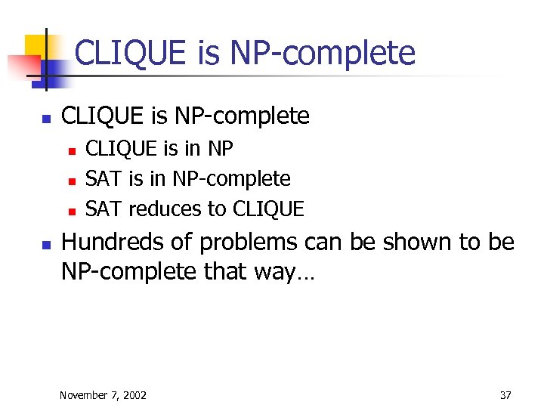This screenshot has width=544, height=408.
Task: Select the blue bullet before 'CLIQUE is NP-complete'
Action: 45,119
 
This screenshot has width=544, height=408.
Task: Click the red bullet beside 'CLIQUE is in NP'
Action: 71,150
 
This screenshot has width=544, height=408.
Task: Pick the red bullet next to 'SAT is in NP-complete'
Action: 71,181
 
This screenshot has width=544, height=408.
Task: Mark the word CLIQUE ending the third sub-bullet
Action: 268,209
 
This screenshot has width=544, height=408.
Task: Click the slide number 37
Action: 505,395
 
